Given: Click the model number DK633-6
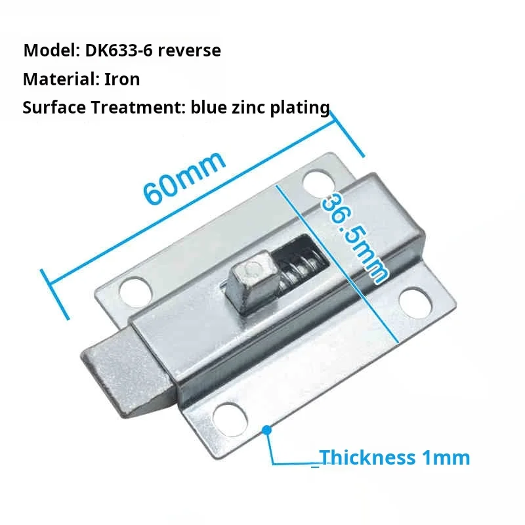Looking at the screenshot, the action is [x=119, y=51].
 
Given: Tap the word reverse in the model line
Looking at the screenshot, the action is [x=189, y=51].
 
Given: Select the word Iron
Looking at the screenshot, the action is [x=122, y=79].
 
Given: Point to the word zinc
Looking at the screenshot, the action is [x=249, y=108].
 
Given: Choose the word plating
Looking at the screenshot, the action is [x=300, y=109].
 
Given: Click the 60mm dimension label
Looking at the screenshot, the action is [x=184, y=178].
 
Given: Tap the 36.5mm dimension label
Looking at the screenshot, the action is [x=354, y=238].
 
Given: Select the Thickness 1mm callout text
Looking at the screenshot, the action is [x=394, y=457].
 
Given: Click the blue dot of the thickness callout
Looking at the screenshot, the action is [x=267, y=430].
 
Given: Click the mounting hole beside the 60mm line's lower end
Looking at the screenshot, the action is [x=136, y=292].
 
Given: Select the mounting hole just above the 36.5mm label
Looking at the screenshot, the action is [x=319, y=185].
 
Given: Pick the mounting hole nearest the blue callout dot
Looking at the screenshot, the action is [x=230, y=420].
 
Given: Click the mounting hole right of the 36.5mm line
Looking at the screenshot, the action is [x=415, y=303].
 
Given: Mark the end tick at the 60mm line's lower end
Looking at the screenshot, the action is [x=55, y=294].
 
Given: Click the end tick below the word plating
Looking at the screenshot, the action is [x=347, y=134].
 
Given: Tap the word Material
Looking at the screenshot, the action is [x=60, y=79].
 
